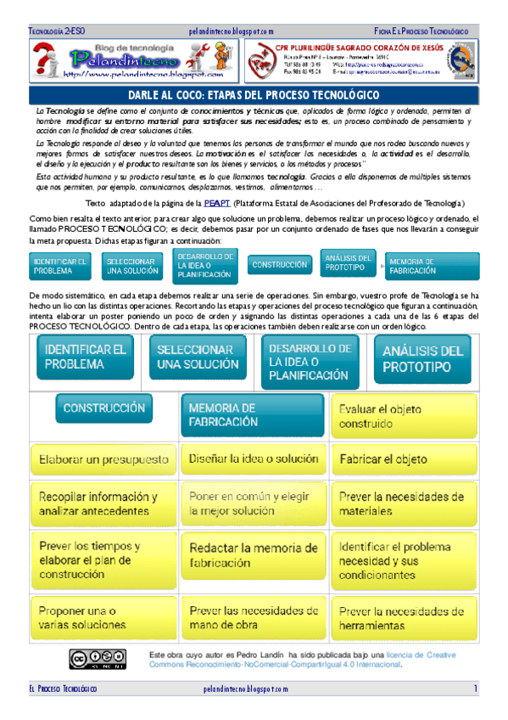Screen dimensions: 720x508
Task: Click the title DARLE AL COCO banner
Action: coord(254,96)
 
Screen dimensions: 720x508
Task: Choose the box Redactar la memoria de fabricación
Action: coord(253,554)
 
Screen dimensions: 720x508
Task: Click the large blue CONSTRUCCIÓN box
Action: coord(104,408)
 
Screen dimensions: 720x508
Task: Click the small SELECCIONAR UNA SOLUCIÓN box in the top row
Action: coord(133,267)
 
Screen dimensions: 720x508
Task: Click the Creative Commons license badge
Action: coord(103,658)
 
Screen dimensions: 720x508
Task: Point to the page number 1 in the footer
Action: coord(476,688)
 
